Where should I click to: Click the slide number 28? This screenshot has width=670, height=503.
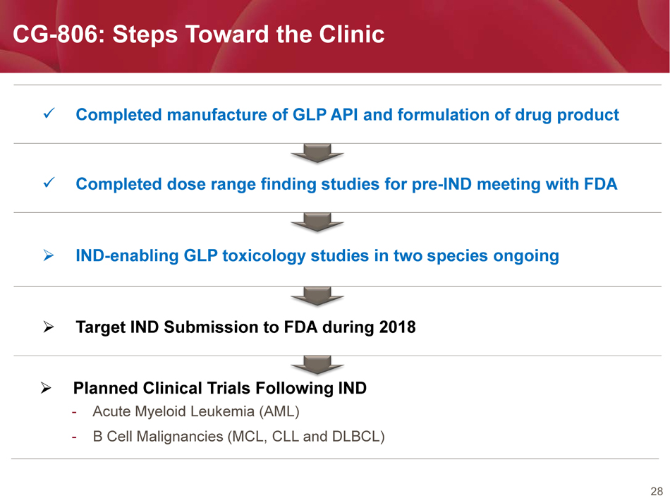pyautogui.click(x=657, y=492)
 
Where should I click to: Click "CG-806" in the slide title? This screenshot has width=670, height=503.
pyautogui.click(x=56, y=34)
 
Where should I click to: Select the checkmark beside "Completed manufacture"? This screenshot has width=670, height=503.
pyautogui.click(x=49, y=114)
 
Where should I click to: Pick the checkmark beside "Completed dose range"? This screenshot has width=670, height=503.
pyautogui.click(x=49, y=183)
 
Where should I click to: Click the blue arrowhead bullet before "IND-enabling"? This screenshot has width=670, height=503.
pyautogui.click(x=49, y=255)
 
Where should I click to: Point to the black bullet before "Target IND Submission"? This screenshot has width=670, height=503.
pyautogui.click(x=49, y=327)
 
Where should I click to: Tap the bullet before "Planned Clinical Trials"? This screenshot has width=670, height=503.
pyautogui.click(x=46, y=388)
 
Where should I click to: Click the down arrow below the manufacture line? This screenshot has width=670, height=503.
pyautogui.click(x=317, y=153)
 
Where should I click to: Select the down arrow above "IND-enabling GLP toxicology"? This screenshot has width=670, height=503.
pyautogui.click(x=317, y=222)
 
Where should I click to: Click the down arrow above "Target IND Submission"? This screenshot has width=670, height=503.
pyautogui.click(x=317, y=296)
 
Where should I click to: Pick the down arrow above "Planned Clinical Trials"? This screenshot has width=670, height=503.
pyautogui.click(x=317, y=365)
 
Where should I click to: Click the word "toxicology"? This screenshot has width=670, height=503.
pyautogui.click(x=264, y=256)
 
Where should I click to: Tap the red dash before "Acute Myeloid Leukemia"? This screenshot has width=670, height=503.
pyautogui.click(x=74, y=413)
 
